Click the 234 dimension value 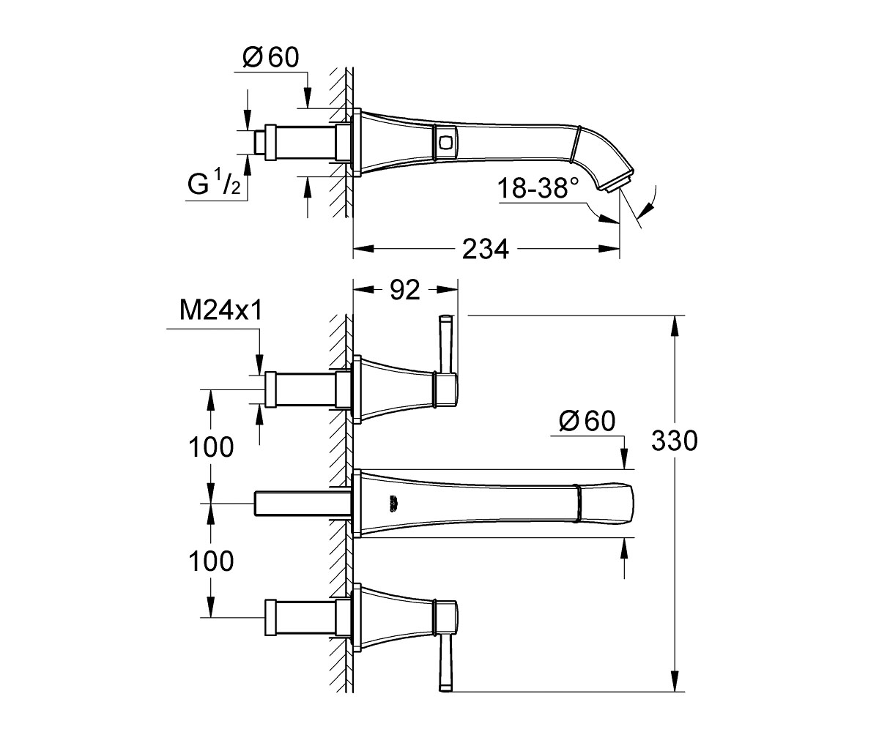pyautogui.click(x=486, y=249)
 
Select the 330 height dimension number pyautogui.click(x=675, y=441)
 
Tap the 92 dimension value pyautogui.click(x=405, y=290)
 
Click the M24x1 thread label pyautogui.click(x=221, y=311)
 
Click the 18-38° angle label pyautogui.click(x=538, y=187)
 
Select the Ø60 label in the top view pyautogui.click(x=271, y=57)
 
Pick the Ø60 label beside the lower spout pyautogui.click(x=587, y=421)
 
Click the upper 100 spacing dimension pyautogui.click(x=211, y=447)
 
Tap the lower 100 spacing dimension pyautogui.click(x=211, y=561)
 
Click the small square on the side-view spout pyautogui.click(x=445, y=142)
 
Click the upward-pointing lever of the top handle pyautogui.click(x=445, y=344)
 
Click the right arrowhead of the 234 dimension pyautogui.click(x=609, y=249)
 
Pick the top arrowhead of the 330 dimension pyautogui.click(x=675, y=325)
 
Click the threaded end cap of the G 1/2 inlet pyautogui.click(x=259, y=142)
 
